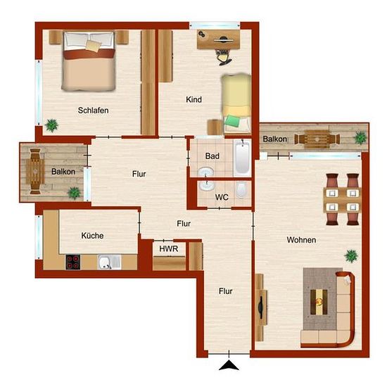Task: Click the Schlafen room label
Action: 93,110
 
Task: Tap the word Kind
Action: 193,99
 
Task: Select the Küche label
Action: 92,236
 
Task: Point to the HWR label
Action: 169,249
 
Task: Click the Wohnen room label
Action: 301,240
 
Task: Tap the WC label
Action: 222,197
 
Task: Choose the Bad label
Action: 212,156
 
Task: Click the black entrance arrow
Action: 229,365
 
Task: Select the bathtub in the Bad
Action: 242,158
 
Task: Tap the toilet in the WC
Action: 241,190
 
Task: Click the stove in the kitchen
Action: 72,262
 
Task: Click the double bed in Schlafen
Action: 89,61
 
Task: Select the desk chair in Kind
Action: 223,58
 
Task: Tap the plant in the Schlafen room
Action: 52,125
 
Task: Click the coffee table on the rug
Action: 319,302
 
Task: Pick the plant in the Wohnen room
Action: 351,256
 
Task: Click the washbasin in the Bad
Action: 206,172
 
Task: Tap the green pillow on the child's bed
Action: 233,121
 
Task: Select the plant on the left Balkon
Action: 74,193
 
